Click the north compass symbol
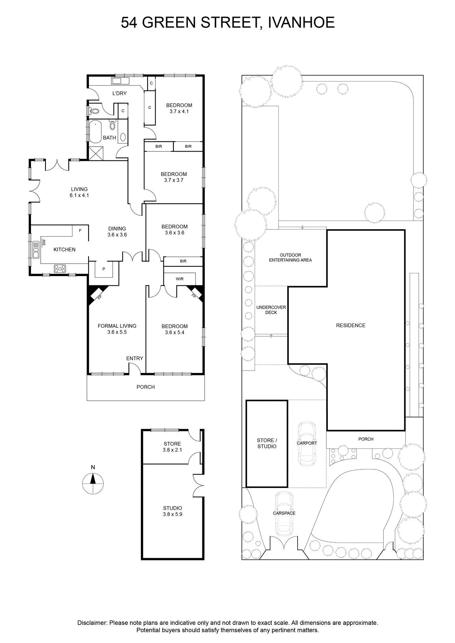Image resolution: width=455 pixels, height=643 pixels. tap(93, 483)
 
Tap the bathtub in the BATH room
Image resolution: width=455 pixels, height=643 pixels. tap(95, 132)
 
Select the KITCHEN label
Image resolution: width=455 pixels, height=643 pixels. tap(64, 250)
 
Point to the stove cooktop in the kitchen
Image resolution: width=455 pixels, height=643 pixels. tap(60, 269)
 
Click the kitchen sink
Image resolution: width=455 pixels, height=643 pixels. tap(36, 250)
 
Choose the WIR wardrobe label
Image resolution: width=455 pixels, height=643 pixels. tap(180, 279)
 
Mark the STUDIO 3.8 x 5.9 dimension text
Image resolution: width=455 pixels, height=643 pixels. tap(173, 514)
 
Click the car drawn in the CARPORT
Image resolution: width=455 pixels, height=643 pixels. tap(307, 444)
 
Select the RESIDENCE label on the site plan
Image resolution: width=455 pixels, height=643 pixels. tap(351, 325)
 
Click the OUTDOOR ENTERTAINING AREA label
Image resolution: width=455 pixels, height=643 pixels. tap(290, 258)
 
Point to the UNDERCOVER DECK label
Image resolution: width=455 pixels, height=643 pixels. tap(271, 310)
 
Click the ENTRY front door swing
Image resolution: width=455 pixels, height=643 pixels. tap(134, 369)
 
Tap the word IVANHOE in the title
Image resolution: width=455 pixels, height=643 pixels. tap(301, 23)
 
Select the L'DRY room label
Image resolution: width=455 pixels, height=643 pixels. tap(119, 93)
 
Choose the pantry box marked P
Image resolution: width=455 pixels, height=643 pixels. tap(104, 269)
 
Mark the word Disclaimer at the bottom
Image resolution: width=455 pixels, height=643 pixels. tap(92, 623)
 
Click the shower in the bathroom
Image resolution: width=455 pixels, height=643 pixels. tap(96, 153)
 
